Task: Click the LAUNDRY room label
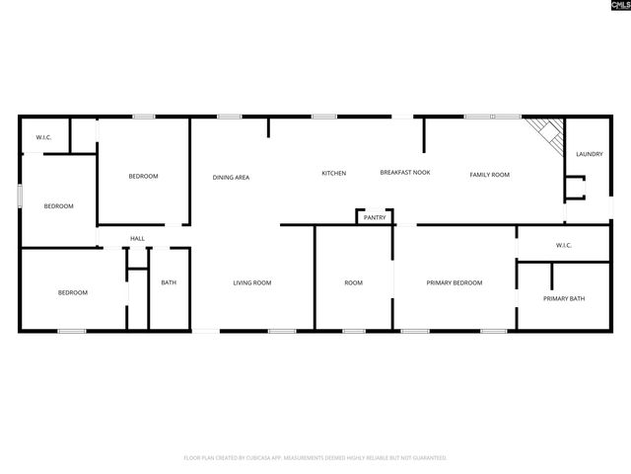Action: click(x=590, y=154)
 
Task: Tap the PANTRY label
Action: click(x=374, y=217)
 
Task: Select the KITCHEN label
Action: click(x=334, y=174)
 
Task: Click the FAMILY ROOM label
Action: click(x=489, y=175)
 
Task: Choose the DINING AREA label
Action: click(x=231, y=178)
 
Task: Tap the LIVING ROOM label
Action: click(x=252, y=283)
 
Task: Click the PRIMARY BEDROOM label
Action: click(x=455, y=283)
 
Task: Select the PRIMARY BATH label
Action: click(x=564, y=298)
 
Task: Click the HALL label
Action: click(x=138, y=238)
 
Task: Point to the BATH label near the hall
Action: click(x=169, y=283)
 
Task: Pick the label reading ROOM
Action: click(x=353, y=283)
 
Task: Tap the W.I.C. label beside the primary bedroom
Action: click(x=564, y=245)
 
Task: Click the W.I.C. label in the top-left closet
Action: click(x=43, y=137)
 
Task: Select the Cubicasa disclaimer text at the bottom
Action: click(x=315, y=458)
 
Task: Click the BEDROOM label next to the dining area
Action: click(x=143, y=177)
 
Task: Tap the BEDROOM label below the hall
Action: click(x=72, y=292)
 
